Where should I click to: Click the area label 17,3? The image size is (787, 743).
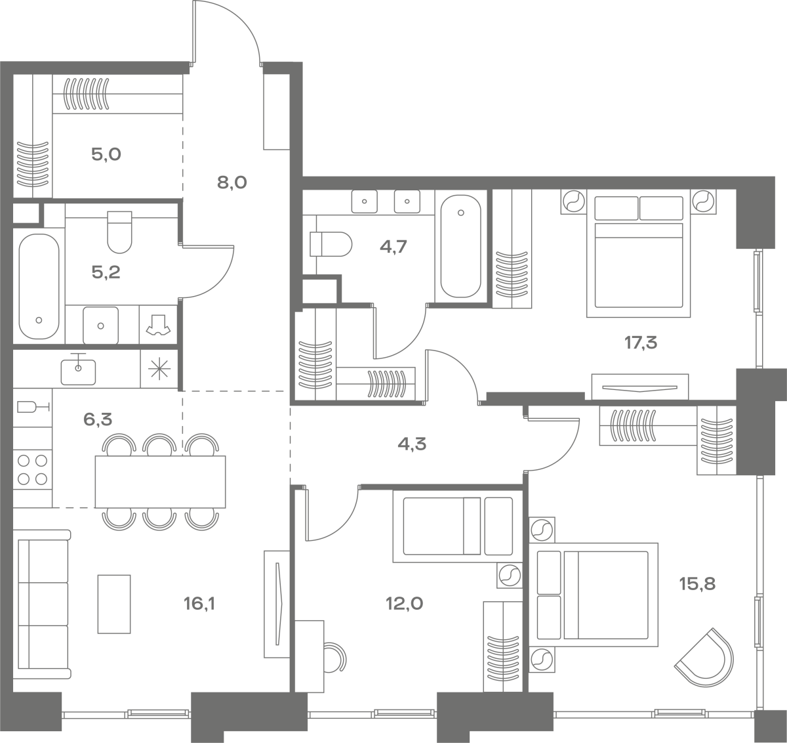click(641, 343)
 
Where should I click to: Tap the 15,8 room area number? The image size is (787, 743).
click(697, 584)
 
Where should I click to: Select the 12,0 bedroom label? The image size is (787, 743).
click(405, 603)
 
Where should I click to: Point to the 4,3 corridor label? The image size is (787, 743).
click(412, 444)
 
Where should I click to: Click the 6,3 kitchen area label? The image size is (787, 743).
click(98, 419)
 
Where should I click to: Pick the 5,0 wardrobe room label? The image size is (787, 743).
click(106, 154)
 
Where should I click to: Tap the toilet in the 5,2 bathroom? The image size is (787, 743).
click(119, 232)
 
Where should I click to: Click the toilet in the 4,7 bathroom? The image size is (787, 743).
click(331, 244)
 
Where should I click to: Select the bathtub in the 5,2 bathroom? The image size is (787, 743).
click(39, 286)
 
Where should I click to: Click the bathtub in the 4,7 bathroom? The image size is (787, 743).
click(461, 246)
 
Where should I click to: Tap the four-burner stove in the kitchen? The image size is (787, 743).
click(33, 470)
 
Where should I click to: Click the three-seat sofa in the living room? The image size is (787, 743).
click(43, 604)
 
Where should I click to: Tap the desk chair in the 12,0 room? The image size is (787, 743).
click(335, 657)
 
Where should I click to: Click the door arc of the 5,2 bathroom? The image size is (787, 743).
click(219, 283)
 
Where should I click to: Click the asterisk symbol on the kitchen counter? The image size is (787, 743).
click(159, 369)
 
